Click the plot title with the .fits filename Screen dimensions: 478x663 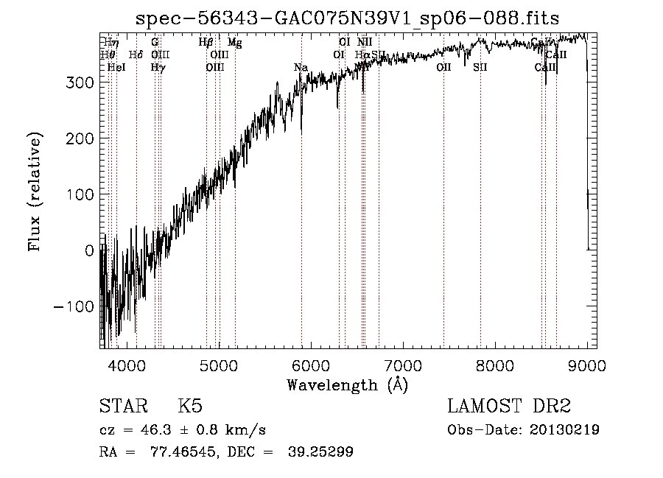coord(348,19)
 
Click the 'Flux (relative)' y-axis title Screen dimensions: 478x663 coord(35,192)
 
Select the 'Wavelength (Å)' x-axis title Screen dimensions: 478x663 coord(347,384)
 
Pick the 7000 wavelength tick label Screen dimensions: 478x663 coord(403,365)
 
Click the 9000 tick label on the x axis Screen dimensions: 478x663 coord(587,365)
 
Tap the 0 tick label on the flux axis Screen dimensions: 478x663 coord(90,250)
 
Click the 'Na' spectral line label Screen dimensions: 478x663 coord(301,68)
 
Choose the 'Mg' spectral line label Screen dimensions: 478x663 coord(234,43)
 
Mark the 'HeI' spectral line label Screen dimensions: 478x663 coord(116,67)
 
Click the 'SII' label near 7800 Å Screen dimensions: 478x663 coord(480,67)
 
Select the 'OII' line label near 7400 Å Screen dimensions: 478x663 coord(443,67)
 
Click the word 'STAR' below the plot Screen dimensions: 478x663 coord(123,407)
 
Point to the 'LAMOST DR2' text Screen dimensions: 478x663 coord(509,407)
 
